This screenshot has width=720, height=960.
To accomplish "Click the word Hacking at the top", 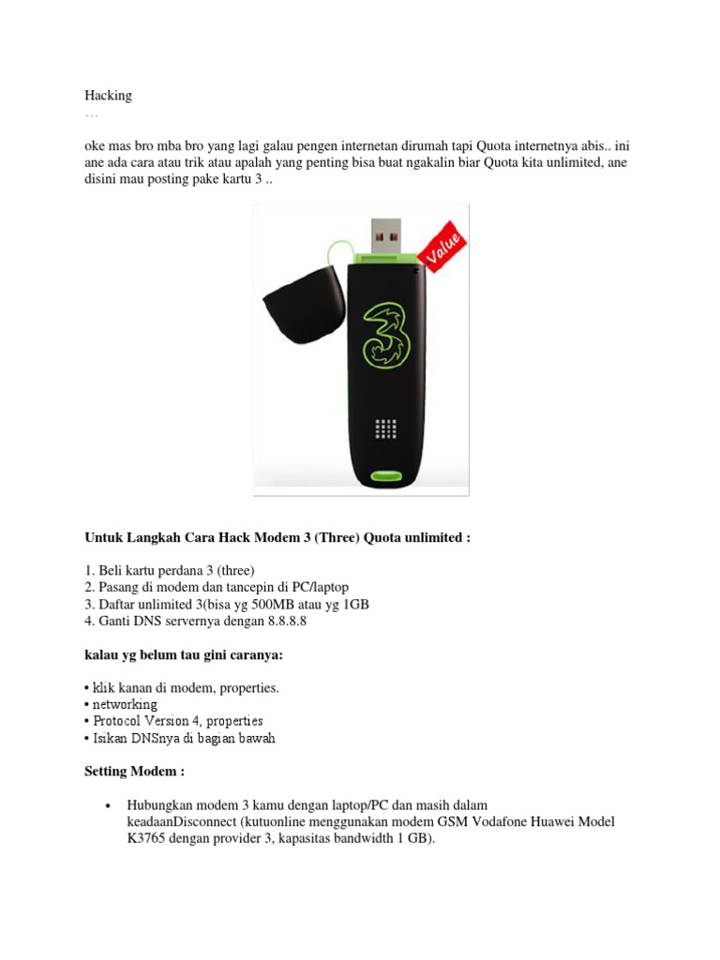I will click(x=109, y=96).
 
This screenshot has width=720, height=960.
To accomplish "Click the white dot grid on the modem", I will click(x=385, y=428).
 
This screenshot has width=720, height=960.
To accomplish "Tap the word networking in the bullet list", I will click(x=125, y=704).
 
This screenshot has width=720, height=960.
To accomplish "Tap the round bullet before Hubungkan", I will click(x=109, y=806).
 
